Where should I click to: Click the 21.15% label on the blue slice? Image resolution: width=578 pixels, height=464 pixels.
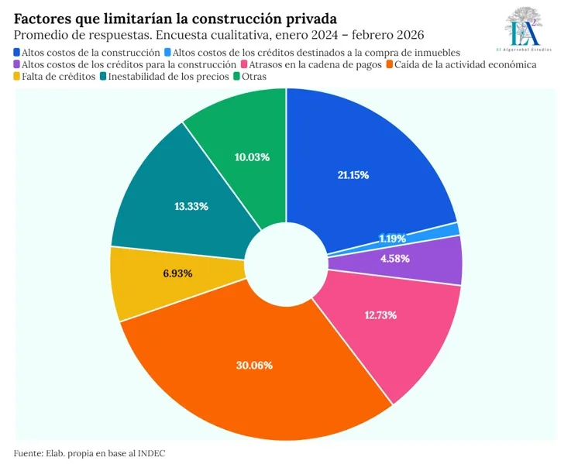(353, 175)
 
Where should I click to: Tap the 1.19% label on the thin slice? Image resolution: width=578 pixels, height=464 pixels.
(392, 238)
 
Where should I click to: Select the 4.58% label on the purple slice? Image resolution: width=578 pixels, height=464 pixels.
(394, 258)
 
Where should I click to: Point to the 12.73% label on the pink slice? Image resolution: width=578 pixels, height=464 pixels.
(380, 314)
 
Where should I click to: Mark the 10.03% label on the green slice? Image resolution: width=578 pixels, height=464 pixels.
(252, 157)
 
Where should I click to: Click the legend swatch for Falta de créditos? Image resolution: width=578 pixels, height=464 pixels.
(19, 77)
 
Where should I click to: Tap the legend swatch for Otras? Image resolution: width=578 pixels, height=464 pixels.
(236, 77)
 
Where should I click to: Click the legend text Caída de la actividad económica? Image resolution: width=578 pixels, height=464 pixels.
(465, 64)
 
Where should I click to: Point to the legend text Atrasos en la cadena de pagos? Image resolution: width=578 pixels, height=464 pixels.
(316, 64)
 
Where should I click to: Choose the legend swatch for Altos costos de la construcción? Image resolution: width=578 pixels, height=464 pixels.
(19, 52)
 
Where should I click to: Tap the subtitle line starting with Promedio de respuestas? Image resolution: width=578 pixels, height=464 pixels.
(219, 35)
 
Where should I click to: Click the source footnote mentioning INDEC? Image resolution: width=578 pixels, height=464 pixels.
(90, 452)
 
